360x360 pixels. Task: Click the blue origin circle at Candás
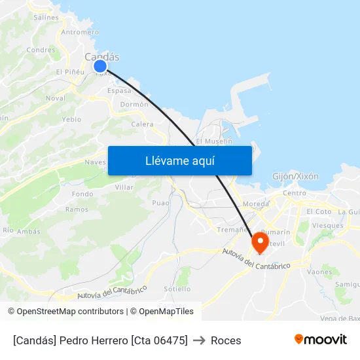pyautogui.click(x=100, y=66)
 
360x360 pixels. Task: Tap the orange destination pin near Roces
pyautogui.click(x=259, y=243)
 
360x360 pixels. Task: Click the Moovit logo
pyautogui.click(x=321, y=340)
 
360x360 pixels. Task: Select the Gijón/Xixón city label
pyautogui.click(x=295, y=176)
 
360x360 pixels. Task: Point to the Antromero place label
pyautogui.click(x=80, y=32)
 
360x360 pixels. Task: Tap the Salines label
pyautogui.click(x=46, y=18)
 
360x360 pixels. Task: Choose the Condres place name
pyautogui.click(x=41, y=50)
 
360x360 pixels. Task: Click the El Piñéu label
pyautogui.click(x=70, y=72)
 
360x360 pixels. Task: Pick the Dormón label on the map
pyautogui.click(x=134, y=104)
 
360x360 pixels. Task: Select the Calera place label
pyautogui.click(x=142, y=124)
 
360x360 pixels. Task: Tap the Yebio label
pyautogui.click(x=71, y=119)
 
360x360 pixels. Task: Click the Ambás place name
pyautogui.click(x=29, y=231)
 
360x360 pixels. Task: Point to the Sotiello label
pyautogui.click(x=177, y=289)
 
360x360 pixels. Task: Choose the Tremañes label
pyautogui.click(x=232, y=230)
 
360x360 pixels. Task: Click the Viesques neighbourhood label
pyautogui.click(x=328, y=225)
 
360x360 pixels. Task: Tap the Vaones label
pyautogui.click(x=319, y=272)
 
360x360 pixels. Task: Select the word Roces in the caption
pyautogui.click(x=226, y=340)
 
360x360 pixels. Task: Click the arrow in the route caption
pyautogui.click(x=199, y=340)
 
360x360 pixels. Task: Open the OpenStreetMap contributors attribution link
pyautogui.click(x=70, y=312)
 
